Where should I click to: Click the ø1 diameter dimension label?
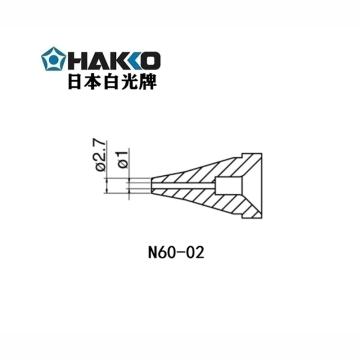tap(121, 159)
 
